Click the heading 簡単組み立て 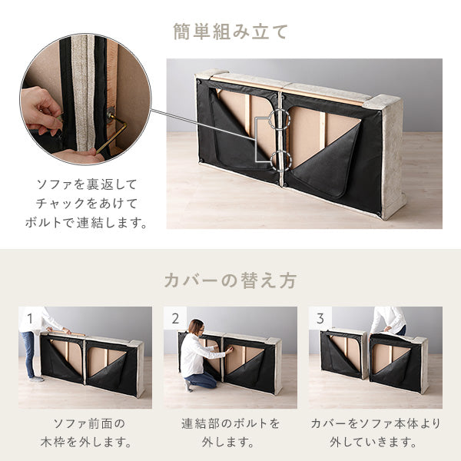pos(230,32)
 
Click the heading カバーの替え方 pos(230,280)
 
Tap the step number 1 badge pos(28,317)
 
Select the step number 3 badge pos(319,317)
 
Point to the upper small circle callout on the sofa pos(279,119)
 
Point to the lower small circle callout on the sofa pos(279,159)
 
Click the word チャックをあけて pos(86,204)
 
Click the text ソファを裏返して pos(86,185)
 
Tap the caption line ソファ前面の pos(85,423)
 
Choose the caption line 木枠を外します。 pos(85,443)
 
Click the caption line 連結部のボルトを pos(230,423)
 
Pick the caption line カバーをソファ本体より pos(376,423)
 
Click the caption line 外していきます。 pos(376,443)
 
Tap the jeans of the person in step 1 pos(29,354)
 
